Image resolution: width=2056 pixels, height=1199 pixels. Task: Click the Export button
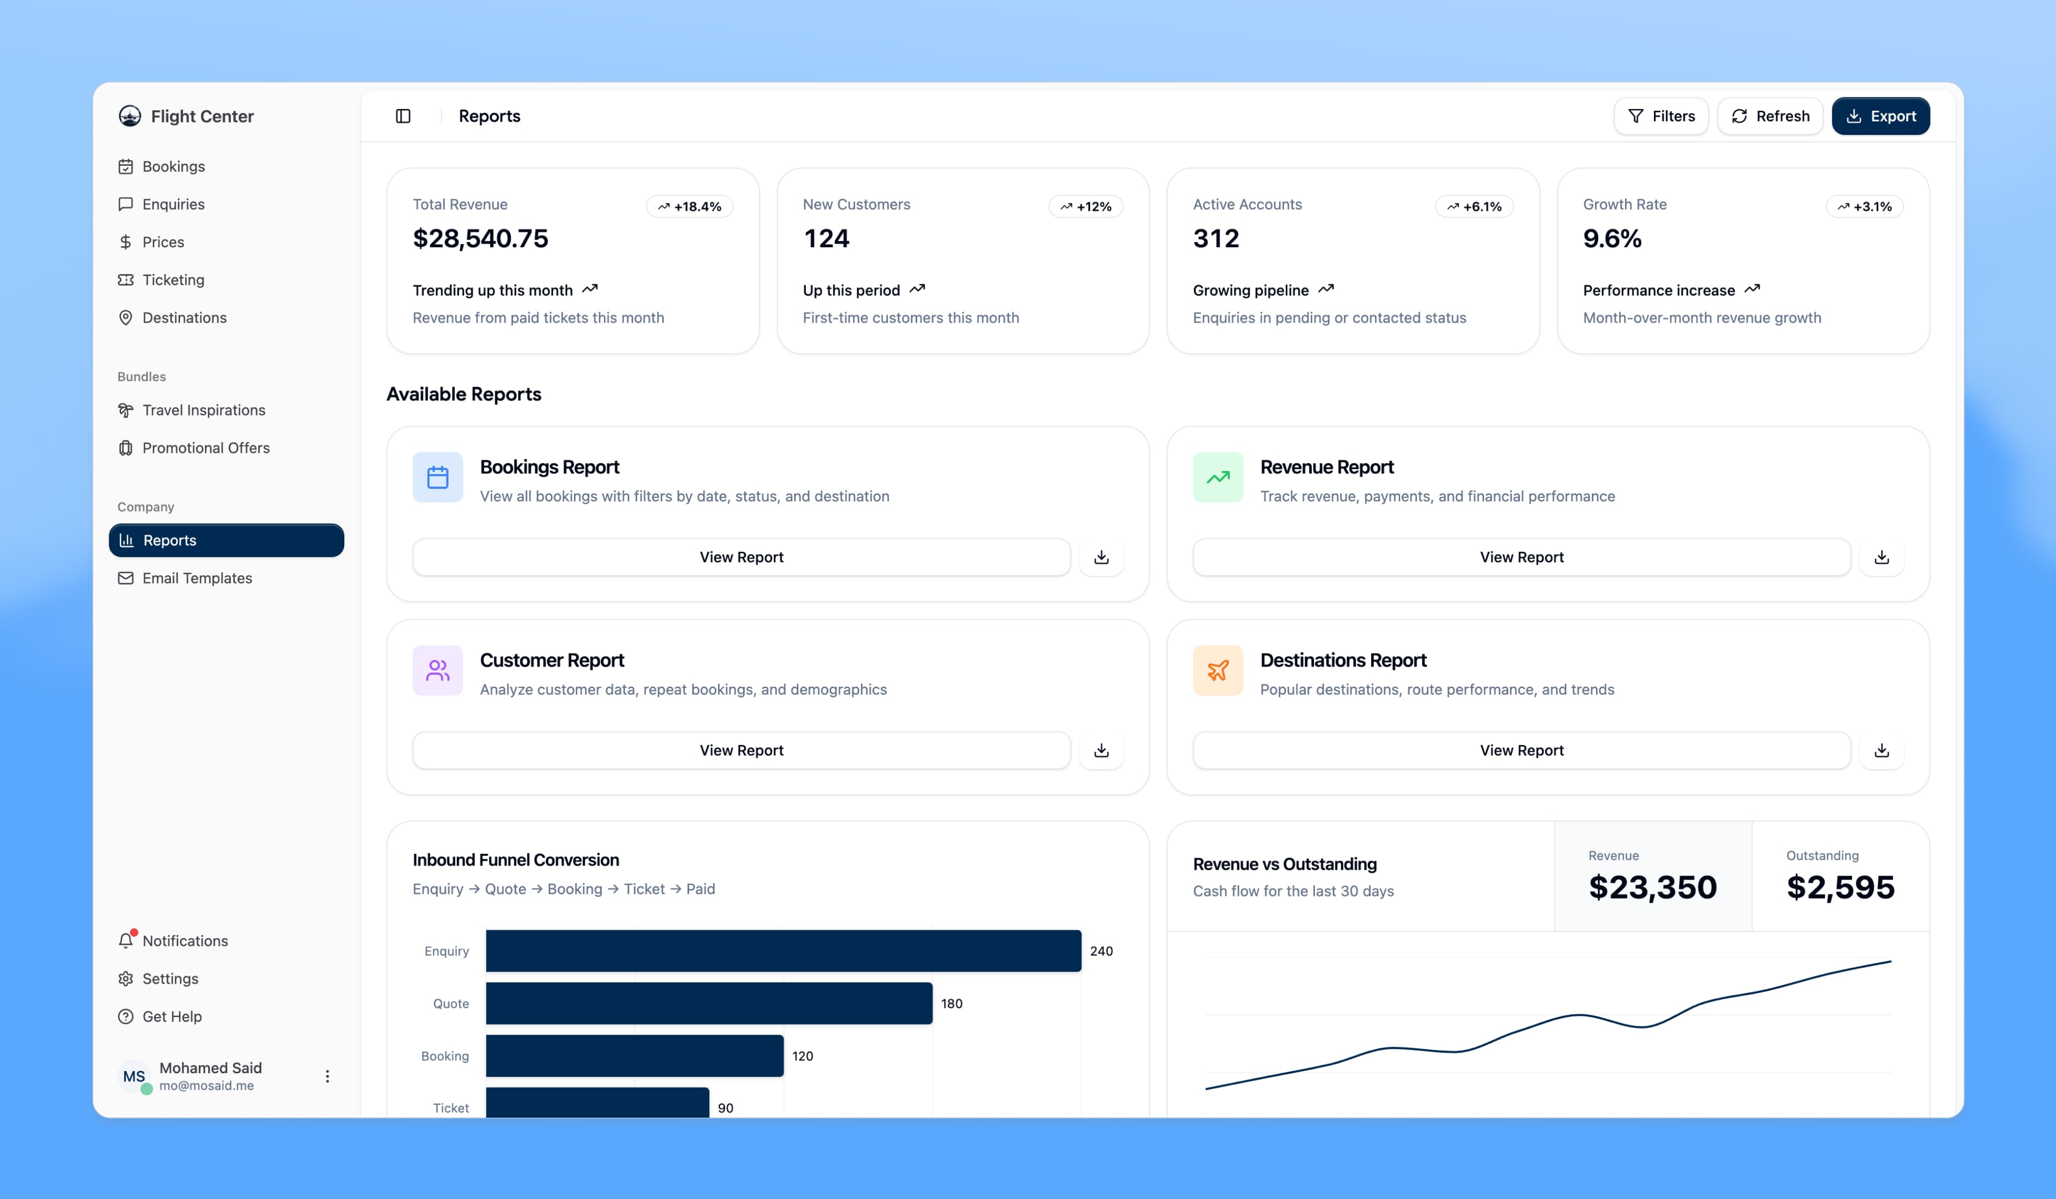(1880, 116)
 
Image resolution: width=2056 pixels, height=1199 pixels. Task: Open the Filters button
(1660, 116)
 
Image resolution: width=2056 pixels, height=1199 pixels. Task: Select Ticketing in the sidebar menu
(173, 280)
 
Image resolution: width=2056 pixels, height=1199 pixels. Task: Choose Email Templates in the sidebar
(196, 578)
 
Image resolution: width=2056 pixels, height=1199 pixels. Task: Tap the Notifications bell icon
(126, 940)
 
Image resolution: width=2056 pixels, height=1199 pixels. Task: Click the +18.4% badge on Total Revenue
(690, 207)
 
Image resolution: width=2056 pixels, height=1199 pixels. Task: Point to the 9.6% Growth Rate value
(1612, 238)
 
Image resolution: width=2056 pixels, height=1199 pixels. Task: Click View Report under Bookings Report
(741, 557)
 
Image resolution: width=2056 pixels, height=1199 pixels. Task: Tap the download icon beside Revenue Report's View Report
(1881, 557)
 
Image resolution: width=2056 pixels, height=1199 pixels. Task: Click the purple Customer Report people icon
(437, 671)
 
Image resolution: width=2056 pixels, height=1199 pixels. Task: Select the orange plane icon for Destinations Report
(1218, 671)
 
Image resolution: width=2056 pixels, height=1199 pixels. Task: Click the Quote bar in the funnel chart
(708, 1003)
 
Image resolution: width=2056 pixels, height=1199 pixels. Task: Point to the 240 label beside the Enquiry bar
(1101, 951)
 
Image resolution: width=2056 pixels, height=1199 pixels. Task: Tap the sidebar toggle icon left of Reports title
(403, 116)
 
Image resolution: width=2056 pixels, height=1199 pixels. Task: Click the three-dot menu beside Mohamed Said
(327, 1076)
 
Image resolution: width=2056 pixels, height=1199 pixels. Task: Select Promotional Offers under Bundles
(206, 448)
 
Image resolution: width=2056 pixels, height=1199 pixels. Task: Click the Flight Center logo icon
(130, 116)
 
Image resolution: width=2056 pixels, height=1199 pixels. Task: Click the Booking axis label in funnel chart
(444, 1056)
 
